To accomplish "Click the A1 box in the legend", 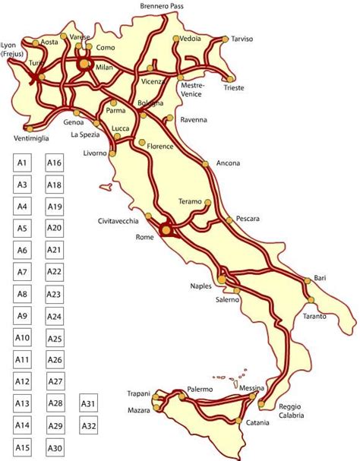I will pos(22,163).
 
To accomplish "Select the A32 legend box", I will pos(88,426).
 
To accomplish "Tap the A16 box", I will pos(54,163).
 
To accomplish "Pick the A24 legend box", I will pos(54,317).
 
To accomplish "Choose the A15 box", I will pos(22,448).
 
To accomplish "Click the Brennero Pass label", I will pos(161,6).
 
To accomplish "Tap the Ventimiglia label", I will pos(32,138).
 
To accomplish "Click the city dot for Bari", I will pos(308,280).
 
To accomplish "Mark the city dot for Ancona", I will pos(205,162).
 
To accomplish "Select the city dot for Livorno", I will pos(112,153).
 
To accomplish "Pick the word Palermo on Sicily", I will pos(200,389).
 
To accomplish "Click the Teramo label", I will pos(189,201).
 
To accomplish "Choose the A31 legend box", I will pos(88,404).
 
